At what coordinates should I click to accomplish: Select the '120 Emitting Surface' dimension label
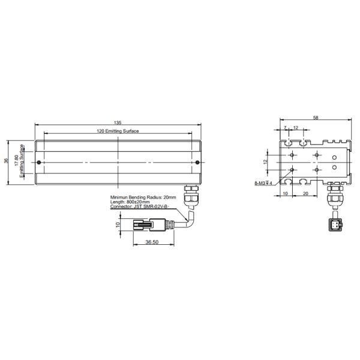pos(118,131)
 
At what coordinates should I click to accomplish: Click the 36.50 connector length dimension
pos(152,242)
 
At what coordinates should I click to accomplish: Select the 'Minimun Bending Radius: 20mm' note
pos(143,197)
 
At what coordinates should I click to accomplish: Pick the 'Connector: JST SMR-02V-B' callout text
pos(140,206)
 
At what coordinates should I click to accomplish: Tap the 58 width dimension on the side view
pos(316,118)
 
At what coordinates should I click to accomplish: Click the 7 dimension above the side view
pos(286,128)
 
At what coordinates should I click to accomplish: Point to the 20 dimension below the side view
pos(306,194)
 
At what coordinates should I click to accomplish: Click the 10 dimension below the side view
pos(285,194)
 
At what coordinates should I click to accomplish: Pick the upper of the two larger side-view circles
pos(334,158)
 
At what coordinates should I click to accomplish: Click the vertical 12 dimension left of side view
pos(266,162)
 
